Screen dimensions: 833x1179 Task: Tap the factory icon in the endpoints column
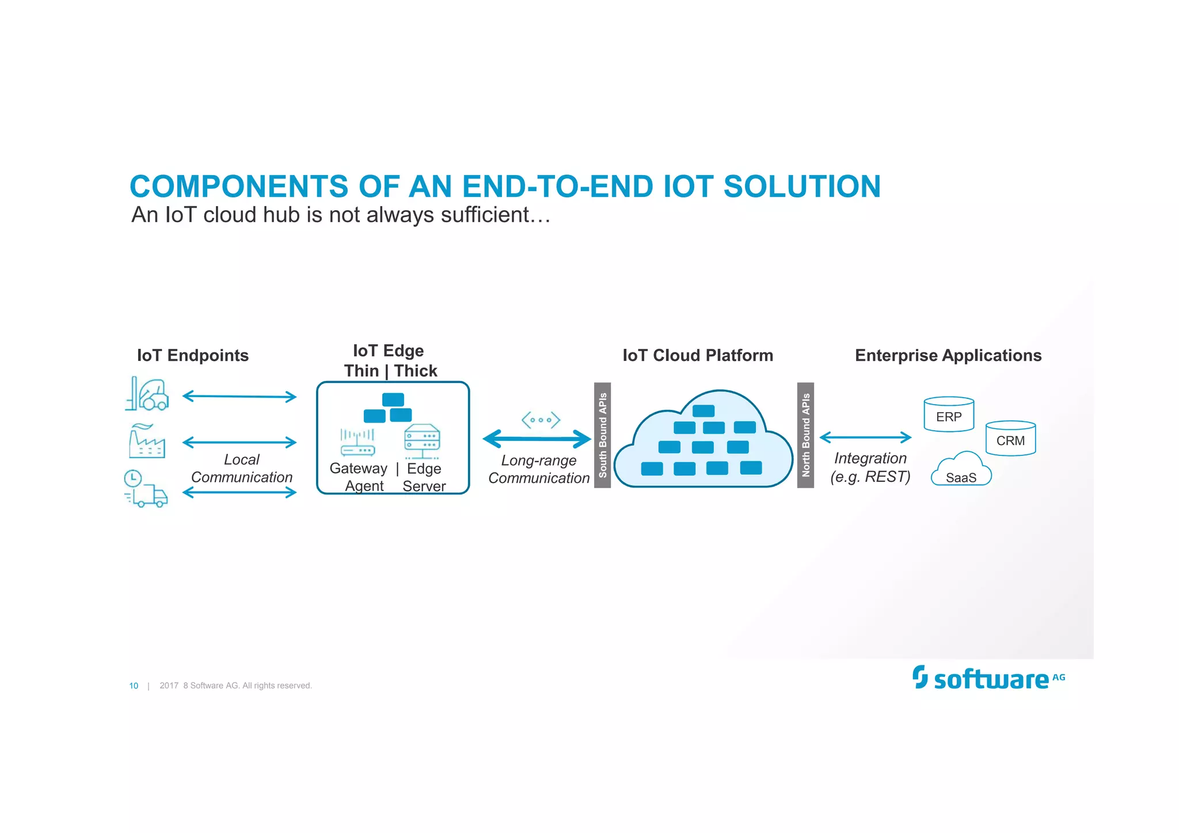coord(147,442)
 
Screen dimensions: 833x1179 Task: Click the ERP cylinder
coord(949,415)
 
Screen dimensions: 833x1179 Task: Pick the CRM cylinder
coord(1010,439)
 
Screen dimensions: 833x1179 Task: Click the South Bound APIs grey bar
coord(602,435)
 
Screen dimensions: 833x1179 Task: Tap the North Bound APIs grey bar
coord(805,435)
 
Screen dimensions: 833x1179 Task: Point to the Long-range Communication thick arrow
coord(537,439)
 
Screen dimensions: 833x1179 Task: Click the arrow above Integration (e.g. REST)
coord(865,438)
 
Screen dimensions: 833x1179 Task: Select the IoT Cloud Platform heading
coord(697,355)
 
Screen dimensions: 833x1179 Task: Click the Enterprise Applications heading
coord(948,355)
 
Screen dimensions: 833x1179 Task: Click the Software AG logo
coord(988,678)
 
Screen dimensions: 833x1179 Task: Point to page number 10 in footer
coord(134,686)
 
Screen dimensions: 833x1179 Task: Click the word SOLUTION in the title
coord(801,187)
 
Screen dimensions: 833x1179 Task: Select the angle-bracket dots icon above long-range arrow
coord(541,420)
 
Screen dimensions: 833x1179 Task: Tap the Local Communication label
coord(241,468)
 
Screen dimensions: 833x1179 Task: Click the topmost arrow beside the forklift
coord(239,396)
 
